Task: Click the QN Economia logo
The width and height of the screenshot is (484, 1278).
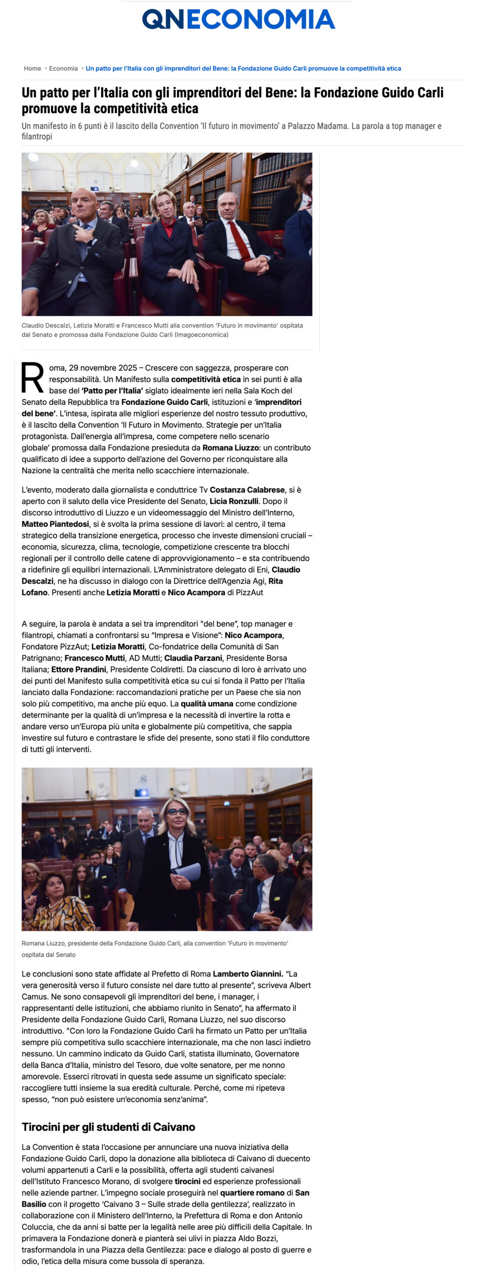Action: click(x=239, y=19)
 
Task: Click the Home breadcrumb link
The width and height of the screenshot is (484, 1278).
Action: click(x=32, y=68)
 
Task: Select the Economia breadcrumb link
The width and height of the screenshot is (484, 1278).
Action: click(x=63, y=68)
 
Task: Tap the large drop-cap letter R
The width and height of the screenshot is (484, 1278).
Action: click(x=32, y=378)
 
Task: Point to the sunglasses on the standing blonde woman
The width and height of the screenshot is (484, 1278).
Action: click(x=176, y=812)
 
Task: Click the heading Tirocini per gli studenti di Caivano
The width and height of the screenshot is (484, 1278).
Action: click(x=108, y=1127)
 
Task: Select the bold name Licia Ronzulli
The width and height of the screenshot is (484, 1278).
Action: click(x=234, y=501)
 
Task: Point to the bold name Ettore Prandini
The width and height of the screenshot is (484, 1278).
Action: click(x=79, y=669)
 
